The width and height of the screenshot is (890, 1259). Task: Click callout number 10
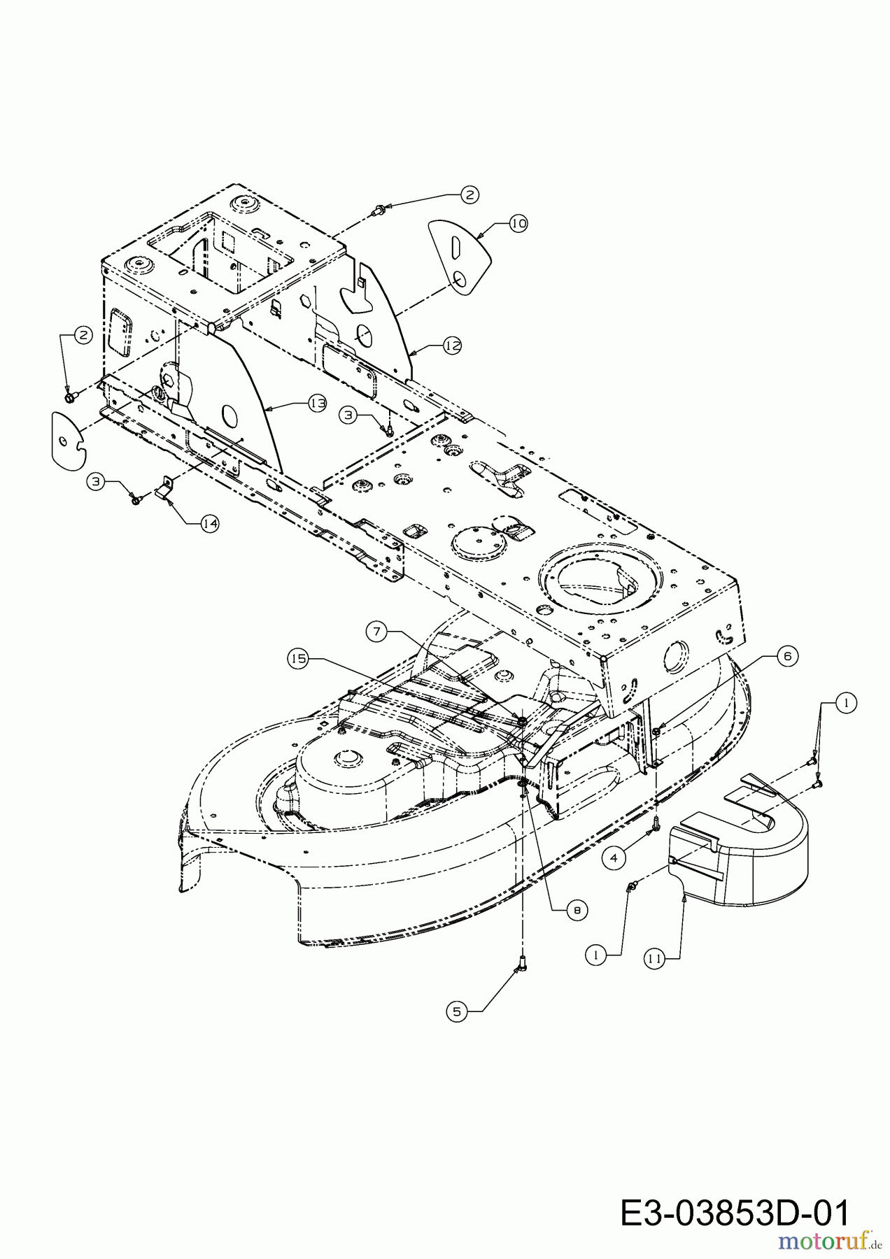coord(518,224)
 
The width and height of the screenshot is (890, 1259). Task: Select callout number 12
coord(452,345)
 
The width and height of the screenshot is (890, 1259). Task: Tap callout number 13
coord(318,404)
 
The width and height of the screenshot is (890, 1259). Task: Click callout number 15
coord(298,659)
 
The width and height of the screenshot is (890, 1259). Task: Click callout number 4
coord(614,858)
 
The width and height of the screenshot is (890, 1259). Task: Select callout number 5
coord(457,1011)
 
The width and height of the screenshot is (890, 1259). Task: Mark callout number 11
coord(654,960)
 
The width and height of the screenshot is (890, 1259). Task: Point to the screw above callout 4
coord(656,825)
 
